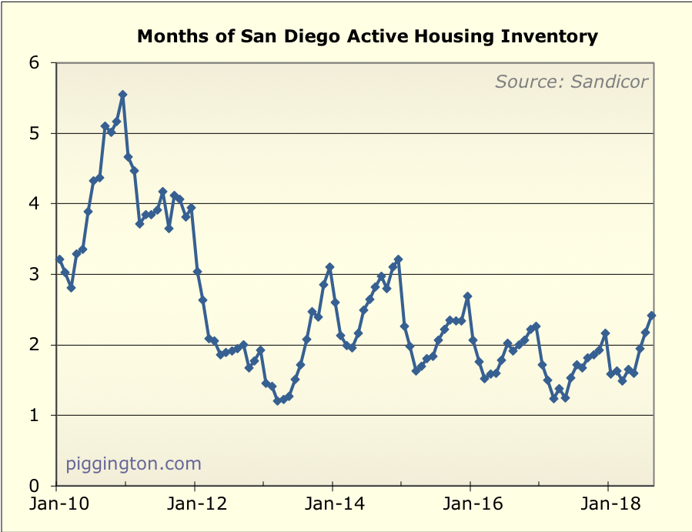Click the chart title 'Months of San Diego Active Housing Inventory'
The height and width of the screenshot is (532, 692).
pos(367,36)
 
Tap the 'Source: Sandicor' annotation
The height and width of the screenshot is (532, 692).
pos(571,82)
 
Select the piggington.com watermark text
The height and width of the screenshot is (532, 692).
pos(134,464)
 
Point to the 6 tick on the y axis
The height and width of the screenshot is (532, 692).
pos(34,63)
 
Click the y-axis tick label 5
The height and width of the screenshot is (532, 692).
pos(34,134)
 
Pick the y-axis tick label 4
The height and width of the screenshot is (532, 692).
pos(34,204)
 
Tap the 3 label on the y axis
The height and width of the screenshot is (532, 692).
pos(34,275)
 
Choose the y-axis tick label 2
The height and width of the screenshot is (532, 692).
pos(34,345)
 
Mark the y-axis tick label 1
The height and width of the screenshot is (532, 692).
pos(34,416)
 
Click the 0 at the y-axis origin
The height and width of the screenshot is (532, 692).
pos(34,487)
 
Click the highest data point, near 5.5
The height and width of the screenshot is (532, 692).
pos(122,95)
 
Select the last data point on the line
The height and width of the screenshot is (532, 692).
pos(651,315)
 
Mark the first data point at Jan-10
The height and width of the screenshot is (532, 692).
pos(59,259)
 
